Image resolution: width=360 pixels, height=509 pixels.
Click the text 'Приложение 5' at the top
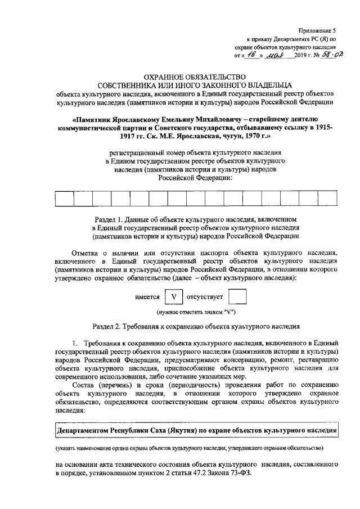point(319,32)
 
